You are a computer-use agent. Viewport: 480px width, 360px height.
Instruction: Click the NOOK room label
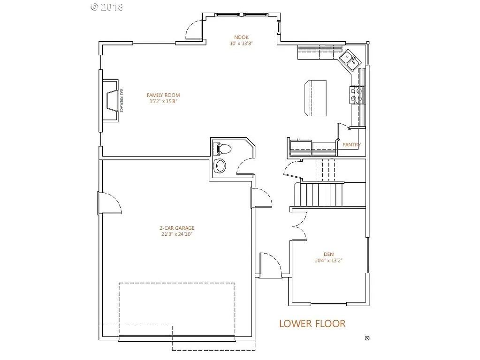pos(242,37)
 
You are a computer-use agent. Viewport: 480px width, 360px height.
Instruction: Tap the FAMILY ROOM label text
pos(163,95)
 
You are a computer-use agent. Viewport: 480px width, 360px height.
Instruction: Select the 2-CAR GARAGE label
pos(176,228)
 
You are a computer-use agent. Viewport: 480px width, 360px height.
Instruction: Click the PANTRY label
pos(351,145)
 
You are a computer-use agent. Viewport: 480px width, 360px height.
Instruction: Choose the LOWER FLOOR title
pos(312,323)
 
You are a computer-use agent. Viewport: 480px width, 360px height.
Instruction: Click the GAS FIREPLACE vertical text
pos(121,101)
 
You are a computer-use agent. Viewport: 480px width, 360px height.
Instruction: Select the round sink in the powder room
pos(220,165)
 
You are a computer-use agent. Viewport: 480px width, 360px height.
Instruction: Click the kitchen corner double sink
pos(350,60)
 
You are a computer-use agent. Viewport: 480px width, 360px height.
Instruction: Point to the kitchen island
pos(315,97)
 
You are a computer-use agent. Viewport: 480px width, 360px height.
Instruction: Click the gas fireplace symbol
pos(111,101)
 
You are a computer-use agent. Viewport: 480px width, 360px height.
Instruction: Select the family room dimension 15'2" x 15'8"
pos(163,101)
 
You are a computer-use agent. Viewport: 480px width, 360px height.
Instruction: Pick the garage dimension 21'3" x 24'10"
pos(176,234)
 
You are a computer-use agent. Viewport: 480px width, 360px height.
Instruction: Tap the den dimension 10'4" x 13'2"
pos(328,260)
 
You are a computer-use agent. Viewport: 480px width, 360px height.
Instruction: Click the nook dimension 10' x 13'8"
pos(242,44)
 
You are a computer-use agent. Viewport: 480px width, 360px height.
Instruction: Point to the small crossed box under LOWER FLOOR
pos(367,338)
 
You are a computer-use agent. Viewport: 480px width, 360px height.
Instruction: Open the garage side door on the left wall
pos(109,203)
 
